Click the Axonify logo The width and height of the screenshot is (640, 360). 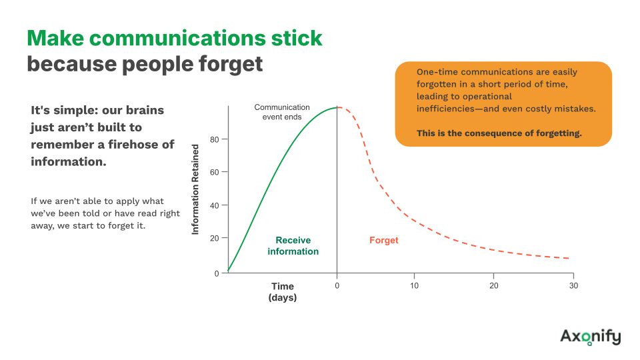(x=590, y=337)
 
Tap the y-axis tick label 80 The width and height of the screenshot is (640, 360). (x=215, y=139)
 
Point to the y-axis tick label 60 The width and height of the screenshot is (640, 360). (x=215, y=172)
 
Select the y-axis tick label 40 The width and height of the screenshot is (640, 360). (x=215, y=205)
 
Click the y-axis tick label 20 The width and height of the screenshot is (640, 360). (x=215, y=238)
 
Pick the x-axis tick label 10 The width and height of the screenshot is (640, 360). (x=414, y=286)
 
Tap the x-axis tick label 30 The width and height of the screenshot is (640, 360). (x=573, y=286)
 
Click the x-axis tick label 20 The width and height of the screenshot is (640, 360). (x=494, y=286)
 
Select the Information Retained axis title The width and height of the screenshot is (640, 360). (x=195, y=189)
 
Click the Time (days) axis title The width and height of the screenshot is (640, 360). (x=283, y=292)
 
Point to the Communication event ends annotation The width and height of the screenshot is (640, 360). (x=282, y=112)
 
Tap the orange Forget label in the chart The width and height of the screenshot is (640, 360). (x=384, y=240)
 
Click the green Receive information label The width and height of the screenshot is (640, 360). (x=293, y=246)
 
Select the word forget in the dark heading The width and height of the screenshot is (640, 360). (x=231, y=65)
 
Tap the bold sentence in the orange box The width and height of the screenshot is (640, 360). (x=499, y=133)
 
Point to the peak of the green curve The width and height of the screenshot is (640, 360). (x=337, y=107)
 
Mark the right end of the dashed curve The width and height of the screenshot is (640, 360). (x=569, y=259)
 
